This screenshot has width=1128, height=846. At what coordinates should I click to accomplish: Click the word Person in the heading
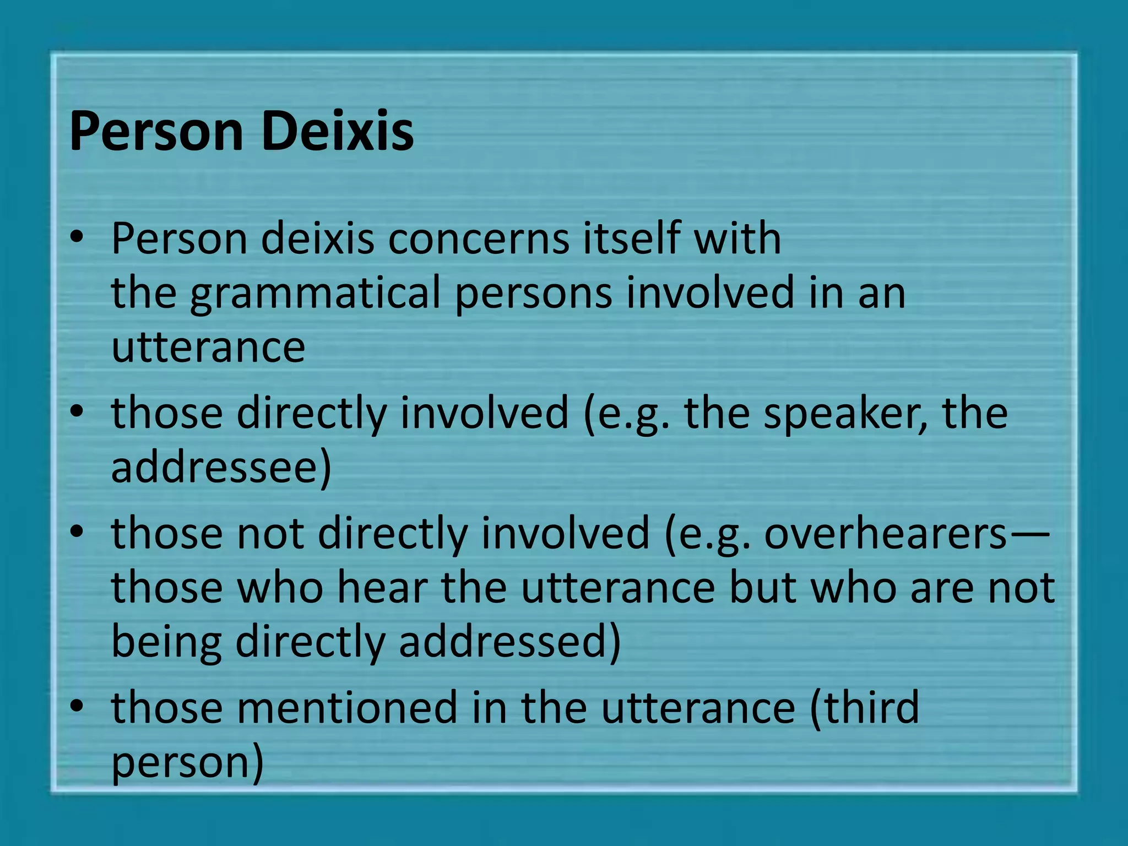156,132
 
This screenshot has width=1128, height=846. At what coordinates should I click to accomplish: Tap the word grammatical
315,294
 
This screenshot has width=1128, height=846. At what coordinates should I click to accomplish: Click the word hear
382,588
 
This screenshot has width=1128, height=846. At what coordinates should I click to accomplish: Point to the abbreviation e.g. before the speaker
633,414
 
